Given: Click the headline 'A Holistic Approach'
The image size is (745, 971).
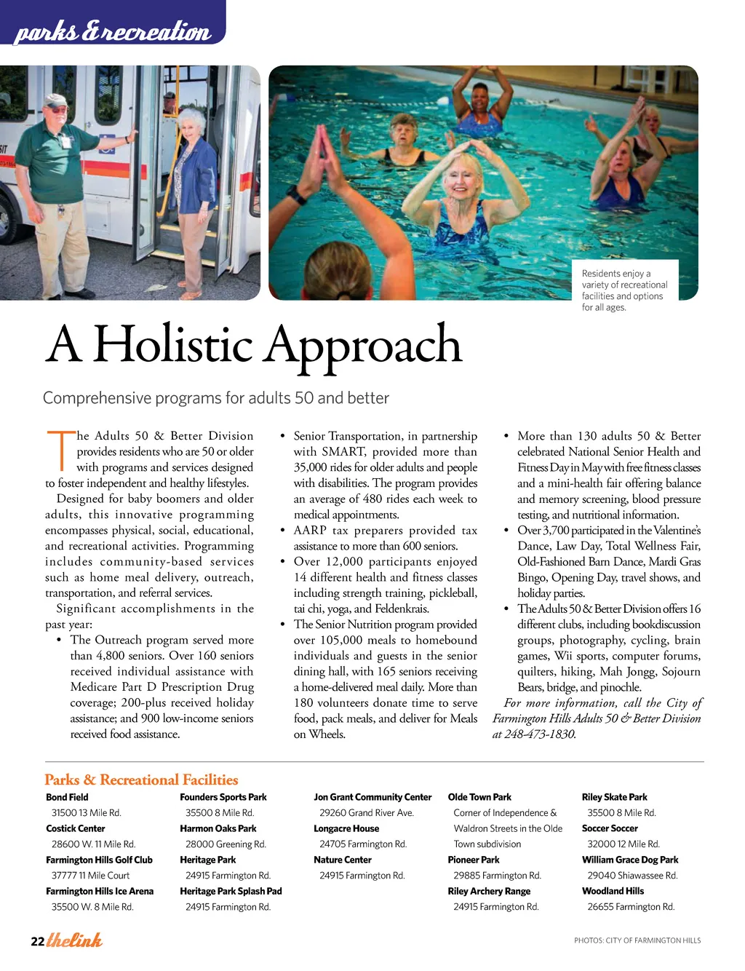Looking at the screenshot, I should [x=254, y=344].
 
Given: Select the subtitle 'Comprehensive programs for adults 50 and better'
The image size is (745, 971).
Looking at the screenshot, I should [x=216, y=398].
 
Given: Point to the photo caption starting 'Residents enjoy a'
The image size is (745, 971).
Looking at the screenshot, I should [x=624, y=290].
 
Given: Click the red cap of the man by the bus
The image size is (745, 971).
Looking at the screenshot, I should [x=55, y=100].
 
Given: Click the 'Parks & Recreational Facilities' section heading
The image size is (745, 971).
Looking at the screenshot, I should [x=141, y=780].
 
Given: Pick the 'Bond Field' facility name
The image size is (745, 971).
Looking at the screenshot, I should [x=67, y=797].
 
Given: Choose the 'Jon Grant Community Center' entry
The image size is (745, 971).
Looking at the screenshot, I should [x=372, y=797].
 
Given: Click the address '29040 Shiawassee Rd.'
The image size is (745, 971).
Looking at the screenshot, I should [x=632, y=876].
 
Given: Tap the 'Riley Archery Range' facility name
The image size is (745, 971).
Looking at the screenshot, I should [x=489, y=891].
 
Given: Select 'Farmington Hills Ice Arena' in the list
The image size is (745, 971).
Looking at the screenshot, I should [x=100, y=891].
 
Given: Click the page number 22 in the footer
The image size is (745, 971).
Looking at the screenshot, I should [x=37, y=942].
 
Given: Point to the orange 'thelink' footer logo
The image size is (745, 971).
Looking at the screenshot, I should [x=74, y=940].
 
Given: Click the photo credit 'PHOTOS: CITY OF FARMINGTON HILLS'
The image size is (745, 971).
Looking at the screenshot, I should [x=637, y=940].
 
